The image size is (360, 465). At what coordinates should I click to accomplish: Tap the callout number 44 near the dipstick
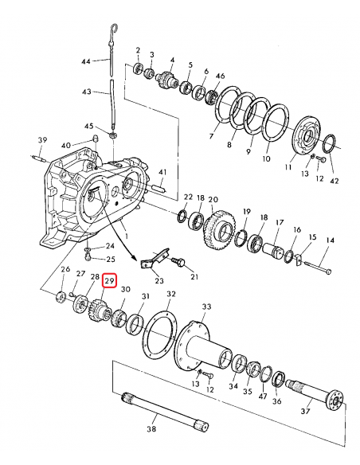[x=86, y=61]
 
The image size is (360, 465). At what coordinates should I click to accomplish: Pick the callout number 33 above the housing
[x=206, y=306]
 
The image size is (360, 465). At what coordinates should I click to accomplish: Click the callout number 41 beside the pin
[x=162, y=173]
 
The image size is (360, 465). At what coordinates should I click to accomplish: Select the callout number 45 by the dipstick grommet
[x=89, y=127]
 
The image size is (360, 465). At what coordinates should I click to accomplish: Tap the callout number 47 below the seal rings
[x=263, y=395]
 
